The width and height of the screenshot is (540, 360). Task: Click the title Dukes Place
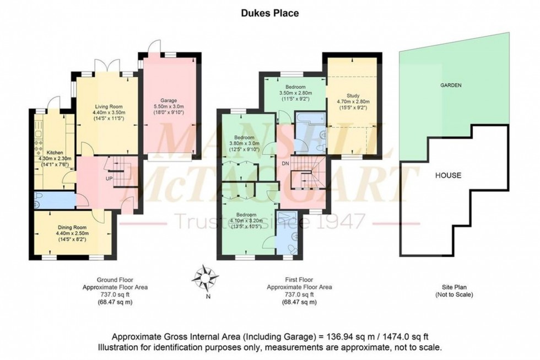269,13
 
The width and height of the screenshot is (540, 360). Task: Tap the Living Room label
107,106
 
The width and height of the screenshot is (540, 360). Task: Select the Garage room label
169,101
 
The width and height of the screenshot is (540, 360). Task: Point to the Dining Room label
73,226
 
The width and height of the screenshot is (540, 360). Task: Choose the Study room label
353,95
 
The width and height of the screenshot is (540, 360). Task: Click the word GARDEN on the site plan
450,85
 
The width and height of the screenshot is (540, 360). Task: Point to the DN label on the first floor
285,164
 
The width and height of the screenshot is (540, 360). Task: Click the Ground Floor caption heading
115,280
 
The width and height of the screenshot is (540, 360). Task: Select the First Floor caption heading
299,280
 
